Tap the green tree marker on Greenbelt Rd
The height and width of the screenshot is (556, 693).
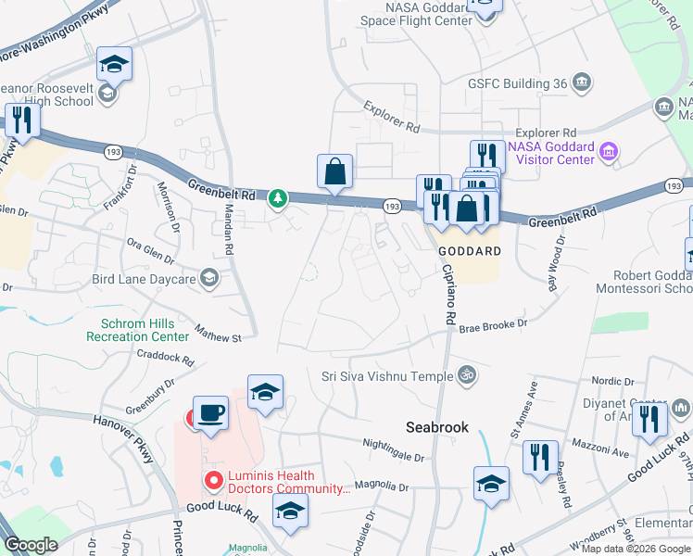click(277, 198)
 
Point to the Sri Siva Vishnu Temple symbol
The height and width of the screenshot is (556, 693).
click(468, 375)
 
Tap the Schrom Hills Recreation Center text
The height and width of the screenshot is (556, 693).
click(137, 329)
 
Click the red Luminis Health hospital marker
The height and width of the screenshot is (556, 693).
click(213, 480)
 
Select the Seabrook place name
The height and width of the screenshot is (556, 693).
click(437, 427)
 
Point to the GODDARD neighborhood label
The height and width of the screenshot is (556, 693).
click(469, 251)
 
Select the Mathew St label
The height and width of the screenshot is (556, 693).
click(218, 335)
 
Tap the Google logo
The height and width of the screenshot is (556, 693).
click(31, 546)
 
